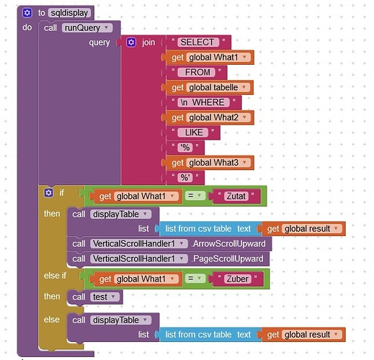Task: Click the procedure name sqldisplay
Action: [70, 12]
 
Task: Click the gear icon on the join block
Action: [131, 42]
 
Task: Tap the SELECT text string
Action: [197, 42]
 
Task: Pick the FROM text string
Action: [197, 72]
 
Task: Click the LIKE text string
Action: [193, 132]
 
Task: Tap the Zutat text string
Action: [234, 197]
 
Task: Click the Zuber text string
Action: [235, 278]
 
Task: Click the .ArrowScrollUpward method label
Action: [232, 243]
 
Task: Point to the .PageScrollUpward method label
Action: [231, 258]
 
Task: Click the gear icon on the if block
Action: [49, 193]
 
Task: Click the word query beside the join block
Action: [99, 42]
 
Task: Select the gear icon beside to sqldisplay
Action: [27, 12]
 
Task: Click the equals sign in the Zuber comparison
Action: [199, 278]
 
